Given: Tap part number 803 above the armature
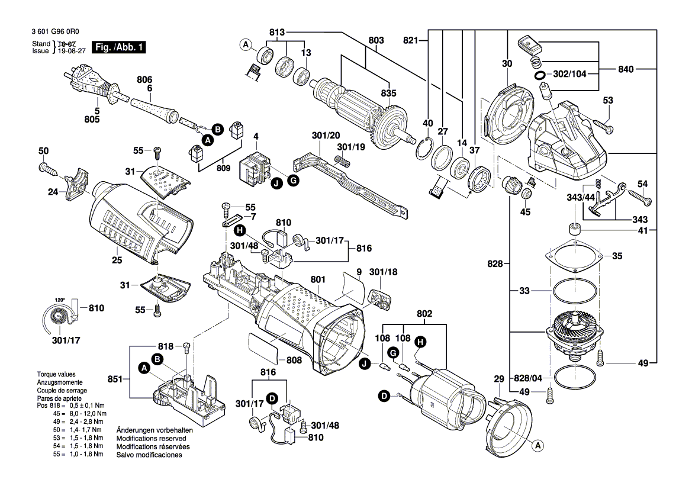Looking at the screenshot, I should [376, 40].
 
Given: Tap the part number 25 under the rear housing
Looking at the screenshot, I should [117, 260].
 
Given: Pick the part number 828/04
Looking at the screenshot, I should [529, 377].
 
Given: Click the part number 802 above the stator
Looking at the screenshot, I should [424, 313].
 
